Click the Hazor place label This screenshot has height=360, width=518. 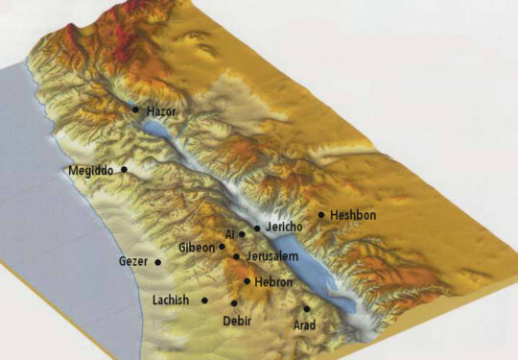click(162, 112)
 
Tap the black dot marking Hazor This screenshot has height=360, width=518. click(135, 108)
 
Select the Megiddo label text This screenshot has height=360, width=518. click(91, 171)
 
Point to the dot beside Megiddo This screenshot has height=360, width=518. click(123, 170)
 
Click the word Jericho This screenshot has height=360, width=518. click(283, 227)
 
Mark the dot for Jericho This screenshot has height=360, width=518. click(257, 228)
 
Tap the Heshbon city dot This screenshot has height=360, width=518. click(321, 215)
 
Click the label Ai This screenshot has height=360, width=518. click(229, 234)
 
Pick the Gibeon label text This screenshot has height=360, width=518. click(197, 248)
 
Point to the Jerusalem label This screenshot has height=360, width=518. click(271, 257)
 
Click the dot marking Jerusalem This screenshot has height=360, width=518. click(236, 256)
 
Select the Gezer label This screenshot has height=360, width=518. click(133, 261)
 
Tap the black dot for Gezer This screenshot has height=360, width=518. click(157, 261)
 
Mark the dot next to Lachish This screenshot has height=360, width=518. click(204, 300)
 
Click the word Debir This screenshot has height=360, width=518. click(237, 320)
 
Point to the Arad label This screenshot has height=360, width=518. click(305, 325)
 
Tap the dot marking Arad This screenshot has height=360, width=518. click(307, 309)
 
